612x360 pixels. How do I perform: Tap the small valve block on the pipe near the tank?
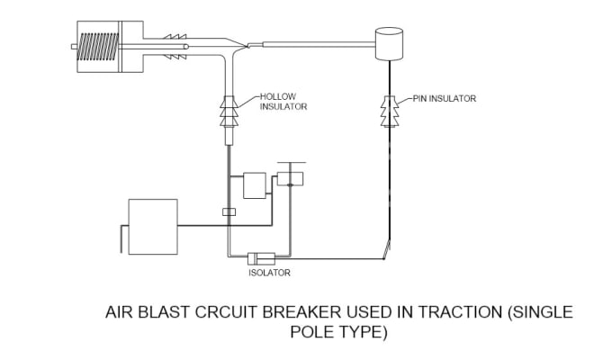coord(229,212)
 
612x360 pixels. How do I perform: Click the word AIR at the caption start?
coord(119,312)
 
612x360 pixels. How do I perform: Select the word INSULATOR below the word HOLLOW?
coord(284,106)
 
